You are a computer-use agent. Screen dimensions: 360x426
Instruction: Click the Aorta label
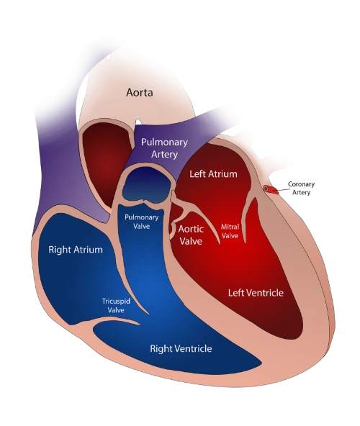(140, 93)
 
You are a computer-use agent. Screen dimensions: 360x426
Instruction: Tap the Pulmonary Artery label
(164, 148)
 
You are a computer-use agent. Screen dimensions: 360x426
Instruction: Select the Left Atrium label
(213, 174)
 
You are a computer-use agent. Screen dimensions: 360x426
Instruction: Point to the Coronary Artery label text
(301, 189)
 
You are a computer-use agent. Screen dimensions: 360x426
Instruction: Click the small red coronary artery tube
(271, 190)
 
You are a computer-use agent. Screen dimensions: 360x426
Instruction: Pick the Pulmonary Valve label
(141, 222)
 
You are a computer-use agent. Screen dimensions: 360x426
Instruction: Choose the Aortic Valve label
(191, 235)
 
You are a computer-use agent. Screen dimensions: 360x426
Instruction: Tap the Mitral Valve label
(230, 231)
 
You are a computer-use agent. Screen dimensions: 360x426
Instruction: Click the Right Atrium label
(76, 250)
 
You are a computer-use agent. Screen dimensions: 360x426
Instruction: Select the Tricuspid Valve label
(116, 306)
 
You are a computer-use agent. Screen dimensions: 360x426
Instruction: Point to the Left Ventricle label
(256, 293)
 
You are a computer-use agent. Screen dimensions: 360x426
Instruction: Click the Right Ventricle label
(181, 348)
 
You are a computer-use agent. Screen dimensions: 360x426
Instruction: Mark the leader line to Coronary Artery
(282, 189)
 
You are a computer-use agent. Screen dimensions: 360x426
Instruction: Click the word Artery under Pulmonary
(164, 154)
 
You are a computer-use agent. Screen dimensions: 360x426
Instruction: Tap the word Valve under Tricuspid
(116, 310)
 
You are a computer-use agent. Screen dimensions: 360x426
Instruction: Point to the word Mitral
(230, 227)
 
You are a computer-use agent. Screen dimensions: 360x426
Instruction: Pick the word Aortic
(191, 229)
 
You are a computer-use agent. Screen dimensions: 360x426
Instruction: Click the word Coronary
(301, 184)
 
